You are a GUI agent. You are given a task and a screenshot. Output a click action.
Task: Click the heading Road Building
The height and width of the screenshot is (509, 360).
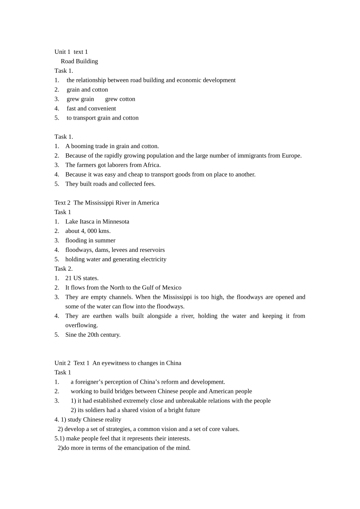(79, 61)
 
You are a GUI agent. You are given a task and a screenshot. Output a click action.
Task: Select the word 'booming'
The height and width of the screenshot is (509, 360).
(83, 146)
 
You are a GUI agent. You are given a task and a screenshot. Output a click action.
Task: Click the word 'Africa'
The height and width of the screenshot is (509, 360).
(151, 165)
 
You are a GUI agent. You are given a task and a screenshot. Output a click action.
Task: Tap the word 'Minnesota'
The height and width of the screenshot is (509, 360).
(115, 222)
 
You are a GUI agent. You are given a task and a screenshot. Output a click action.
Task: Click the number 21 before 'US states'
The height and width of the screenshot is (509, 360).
(68, 278)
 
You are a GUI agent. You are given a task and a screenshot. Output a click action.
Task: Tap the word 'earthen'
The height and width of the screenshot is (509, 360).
(102, 316)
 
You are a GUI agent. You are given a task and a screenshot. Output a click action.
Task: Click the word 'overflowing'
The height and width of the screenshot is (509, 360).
(81, 325)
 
